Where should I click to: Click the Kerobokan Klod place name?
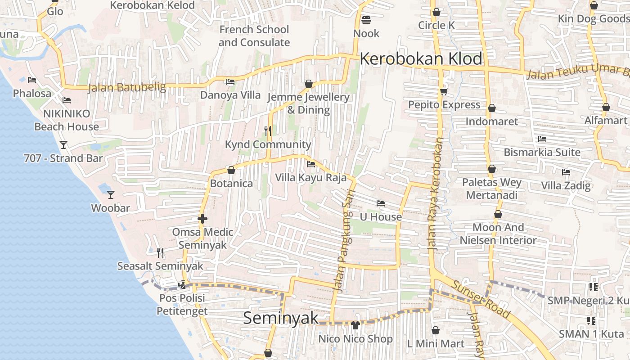point(421,59)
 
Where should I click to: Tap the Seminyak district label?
point(281,318)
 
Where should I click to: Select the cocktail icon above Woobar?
point(111,195)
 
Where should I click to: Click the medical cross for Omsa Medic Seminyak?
point(202,219)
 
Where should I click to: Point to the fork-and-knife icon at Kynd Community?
point(268,131)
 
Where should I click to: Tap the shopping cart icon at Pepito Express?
point(444,92)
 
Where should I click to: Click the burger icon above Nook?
point(366,20)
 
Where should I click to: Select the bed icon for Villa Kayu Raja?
point(311,164)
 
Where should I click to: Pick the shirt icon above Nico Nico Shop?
point(355,325)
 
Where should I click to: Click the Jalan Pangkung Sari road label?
point(345,241)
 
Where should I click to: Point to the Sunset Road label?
point(481,299)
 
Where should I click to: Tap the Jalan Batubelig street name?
point(127,87)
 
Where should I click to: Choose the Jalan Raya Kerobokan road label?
point(436,193)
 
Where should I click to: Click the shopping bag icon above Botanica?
point(231,171)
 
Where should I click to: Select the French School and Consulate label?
point(254,36)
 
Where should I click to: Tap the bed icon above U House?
point(381,203)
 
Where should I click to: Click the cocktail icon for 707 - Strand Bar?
point(63,145)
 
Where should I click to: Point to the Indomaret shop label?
point(492,121)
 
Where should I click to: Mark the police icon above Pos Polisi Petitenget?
point(182,284)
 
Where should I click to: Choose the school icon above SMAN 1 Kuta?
point(591,321)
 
